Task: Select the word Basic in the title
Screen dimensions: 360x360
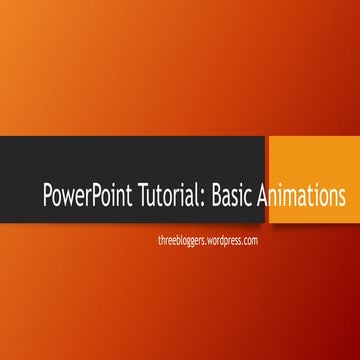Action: [232, 195]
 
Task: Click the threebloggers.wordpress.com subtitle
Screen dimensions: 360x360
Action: [209, 241]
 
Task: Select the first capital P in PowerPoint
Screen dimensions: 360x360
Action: [48, 195]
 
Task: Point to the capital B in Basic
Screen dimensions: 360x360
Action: [215, 195]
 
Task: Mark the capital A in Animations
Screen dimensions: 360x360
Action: [264, 195]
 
